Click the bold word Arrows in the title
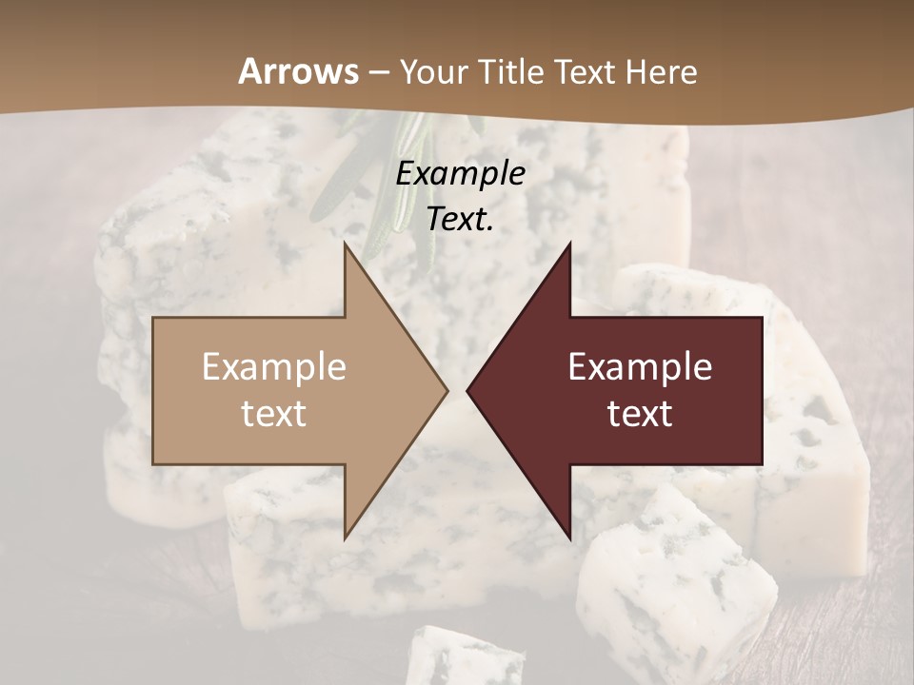tap(299, 71)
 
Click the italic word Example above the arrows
tap(460, 173)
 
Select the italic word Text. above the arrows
tap(460, 219)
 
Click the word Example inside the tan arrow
tap(274, 366)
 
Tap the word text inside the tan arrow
tap(274, 414)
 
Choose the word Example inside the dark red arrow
tap(640, 366)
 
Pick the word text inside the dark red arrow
tap(640, 414)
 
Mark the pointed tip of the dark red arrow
tap(468, 390)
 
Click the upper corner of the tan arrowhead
tap(347, 246)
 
